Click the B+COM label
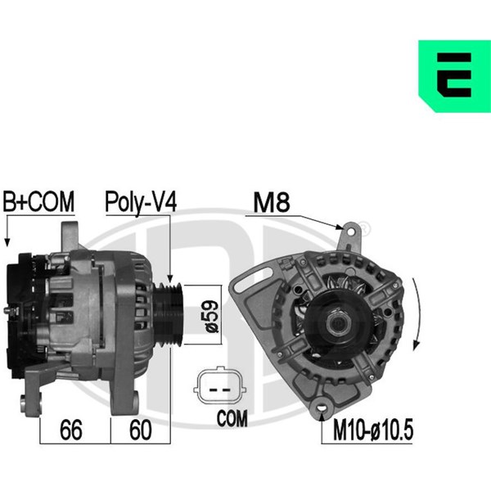coord(38,201)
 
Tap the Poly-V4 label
coord(141,202)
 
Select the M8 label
coord(272,202)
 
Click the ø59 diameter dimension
coord(211,316)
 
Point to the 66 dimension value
coord(70,430)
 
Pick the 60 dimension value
coord(141,430)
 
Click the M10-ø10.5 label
coord(372,430)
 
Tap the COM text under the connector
coord(232,418)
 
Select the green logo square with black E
coord(454,76)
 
